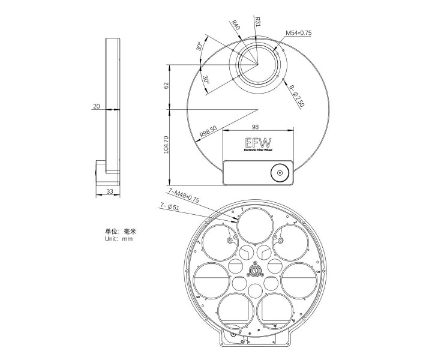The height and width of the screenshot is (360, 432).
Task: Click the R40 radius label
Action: pos(236,25)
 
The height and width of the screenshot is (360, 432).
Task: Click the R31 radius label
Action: pos(257,22)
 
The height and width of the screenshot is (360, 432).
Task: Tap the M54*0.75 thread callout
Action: pos(298,33)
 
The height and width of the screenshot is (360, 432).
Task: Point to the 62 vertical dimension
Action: pos(166,86)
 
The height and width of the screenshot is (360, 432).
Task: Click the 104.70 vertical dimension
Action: pos(166,145)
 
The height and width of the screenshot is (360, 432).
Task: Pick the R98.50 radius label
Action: pos(208,131)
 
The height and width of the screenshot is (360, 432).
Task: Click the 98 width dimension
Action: pos(256,127)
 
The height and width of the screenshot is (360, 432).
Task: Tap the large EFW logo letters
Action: pos(258,143)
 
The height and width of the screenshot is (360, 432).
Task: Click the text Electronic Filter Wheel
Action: pos(258,150)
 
